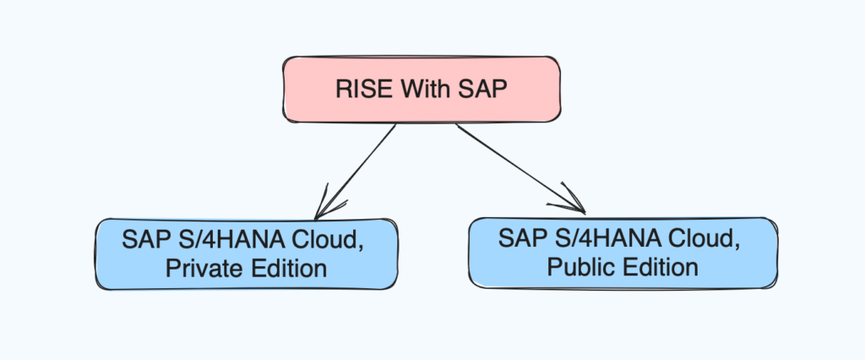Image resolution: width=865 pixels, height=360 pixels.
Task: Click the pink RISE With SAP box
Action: [422, 89]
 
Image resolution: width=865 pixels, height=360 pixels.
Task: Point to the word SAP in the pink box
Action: [484, 89]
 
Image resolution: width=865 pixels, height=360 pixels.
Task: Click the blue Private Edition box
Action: [247, 254]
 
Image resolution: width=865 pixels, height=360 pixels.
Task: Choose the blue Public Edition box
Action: [623, 253]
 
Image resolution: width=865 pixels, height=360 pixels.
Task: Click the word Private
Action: [201, 269]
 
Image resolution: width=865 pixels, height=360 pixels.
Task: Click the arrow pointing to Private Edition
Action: [355, 172]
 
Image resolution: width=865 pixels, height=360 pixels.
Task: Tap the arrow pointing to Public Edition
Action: [520, 168]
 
